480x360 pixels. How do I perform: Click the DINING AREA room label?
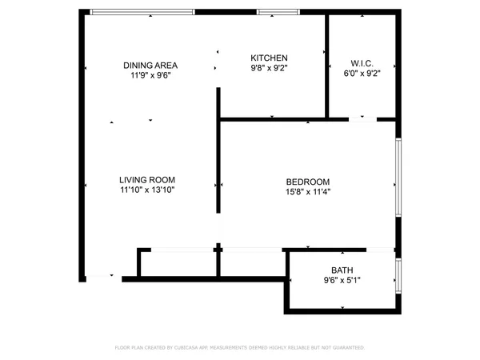pyautogui.click(x=150, y=65)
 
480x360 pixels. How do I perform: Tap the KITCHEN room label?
pyautogui.click(x=269, y=58)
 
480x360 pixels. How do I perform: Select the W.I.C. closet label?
pyautogui.click(x=362, y=64)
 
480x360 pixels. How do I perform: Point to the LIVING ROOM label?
pyautogui.click(x=147, y=180)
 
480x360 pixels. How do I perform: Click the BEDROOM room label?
pyautogui.click(x=308, y=182)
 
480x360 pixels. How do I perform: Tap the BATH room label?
pyautogui.click(x=342, y=270)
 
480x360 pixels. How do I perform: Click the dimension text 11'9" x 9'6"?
pyautogui.click(x=150, y=75)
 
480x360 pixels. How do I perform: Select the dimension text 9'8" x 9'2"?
pyautogui.click(x=269, y=68)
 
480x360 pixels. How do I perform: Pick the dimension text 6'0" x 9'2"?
pyautogui.click(x=362, y=74)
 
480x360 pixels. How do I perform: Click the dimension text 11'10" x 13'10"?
pyautogui.click(x=147, y=190)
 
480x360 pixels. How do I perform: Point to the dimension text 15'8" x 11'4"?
pyautogui.click(x=308, y=192)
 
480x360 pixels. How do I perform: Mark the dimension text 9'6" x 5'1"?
pyautogui.click(x=342, y=281)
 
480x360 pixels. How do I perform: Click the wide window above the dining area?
pyautogui.click(x=142, y=12)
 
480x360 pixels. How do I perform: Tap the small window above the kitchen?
pyautogui.click(x=278, y=12)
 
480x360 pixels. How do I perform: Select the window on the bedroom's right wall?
pyautogui.click(x=398, y=177)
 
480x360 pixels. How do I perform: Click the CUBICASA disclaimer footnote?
pyautogui.click(x=240, y=348)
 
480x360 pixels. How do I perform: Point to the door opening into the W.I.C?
pyautogui.click(x=363, y=119)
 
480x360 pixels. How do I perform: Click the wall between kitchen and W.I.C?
pyautogui.click(x=326, y=64)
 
